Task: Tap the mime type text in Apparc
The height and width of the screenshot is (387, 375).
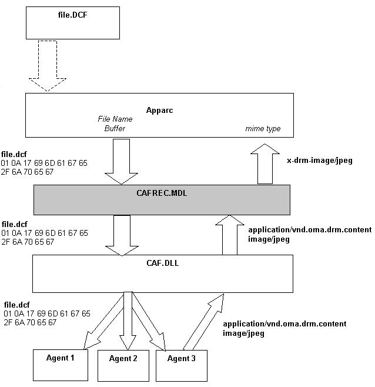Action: pos(263,129)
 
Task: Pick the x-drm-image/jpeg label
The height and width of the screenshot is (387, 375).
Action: pos(319,160)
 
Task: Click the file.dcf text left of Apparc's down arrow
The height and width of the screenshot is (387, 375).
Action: pos(14,154)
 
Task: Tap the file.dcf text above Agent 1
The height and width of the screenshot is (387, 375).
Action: pos(16,305)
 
